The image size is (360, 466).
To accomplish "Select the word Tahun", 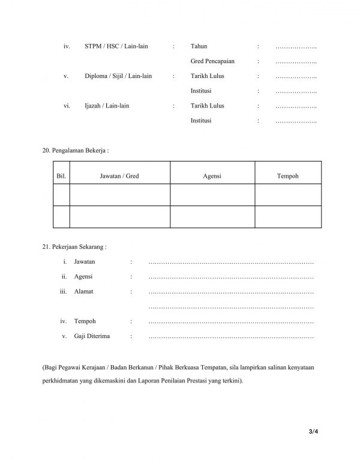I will tap(199, 46).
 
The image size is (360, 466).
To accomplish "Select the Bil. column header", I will tap(61, 176).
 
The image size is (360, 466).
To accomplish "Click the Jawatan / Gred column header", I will tap(119, 176).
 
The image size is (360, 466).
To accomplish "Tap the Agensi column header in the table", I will tap(212, 176).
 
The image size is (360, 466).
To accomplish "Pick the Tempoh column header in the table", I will tap(288, 176).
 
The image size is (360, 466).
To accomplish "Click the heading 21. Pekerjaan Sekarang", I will tap(74, 247).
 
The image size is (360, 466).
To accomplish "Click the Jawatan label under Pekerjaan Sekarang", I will tap(85, 262).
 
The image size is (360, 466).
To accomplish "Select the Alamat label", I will tap(83, 292).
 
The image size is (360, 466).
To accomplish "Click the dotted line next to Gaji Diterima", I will tap(230, 337).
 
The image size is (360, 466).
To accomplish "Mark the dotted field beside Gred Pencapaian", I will tap(296, 61).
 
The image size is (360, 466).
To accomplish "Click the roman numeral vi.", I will tap(67, 106).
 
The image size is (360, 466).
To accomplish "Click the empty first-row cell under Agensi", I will tap(212, 195).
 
